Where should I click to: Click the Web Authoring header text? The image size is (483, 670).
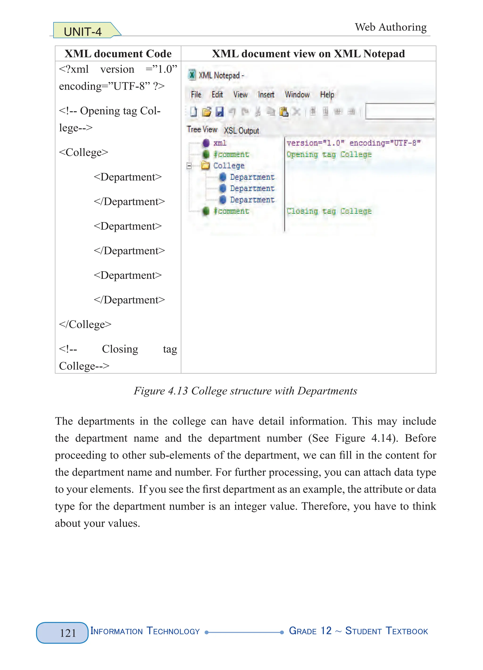391,27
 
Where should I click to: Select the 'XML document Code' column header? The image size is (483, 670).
118,54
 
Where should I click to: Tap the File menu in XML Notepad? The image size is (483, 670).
196,95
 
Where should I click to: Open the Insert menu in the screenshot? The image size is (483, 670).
266,95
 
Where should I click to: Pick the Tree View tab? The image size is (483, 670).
202,129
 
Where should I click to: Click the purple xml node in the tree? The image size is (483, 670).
206,143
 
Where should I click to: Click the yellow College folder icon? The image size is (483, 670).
205,165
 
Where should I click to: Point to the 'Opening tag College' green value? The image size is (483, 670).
329,154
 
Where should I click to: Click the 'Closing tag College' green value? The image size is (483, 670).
329,211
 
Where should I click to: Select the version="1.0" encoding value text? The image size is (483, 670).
353,143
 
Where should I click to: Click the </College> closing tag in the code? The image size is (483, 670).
85,324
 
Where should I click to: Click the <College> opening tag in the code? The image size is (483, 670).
83,152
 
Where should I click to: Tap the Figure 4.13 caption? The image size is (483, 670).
245,391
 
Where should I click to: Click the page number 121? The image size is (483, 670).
68,633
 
